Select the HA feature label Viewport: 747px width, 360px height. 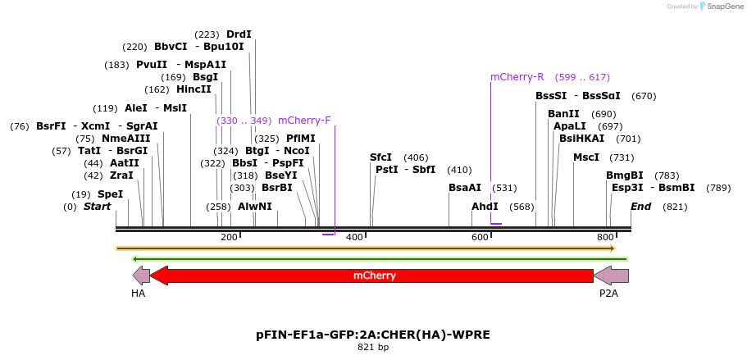pos(138,293)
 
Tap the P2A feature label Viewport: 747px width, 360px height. pos(608,293)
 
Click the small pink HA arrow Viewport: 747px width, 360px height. pos(141,276)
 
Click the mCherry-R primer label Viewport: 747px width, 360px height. pos(517,77)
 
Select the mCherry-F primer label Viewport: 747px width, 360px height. pos(304,121)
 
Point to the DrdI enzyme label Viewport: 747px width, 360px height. pos(239,34)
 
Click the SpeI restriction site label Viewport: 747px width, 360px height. pos(110,194)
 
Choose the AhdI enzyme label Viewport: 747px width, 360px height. pos(485,207)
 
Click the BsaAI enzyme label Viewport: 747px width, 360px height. pos(465,188)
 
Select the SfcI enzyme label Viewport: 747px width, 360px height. pos(380,157)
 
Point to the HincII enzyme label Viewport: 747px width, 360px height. pos(194,89)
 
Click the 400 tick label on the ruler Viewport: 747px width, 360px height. pos(354,237)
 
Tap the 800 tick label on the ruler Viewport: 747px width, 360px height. pos(605,237)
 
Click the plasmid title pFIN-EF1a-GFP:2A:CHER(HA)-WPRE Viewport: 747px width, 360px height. pos(373,335)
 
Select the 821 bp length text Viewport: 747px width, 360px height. pos(373,348)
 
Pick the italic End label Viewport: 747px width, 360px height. pos(640,207)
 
